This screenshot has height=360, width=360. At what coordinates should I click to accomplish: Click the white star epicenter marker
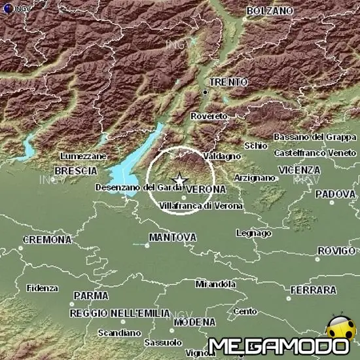click(179, 180)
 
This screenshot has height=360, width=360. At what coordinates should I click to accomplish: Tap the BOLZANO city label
click(270, 11)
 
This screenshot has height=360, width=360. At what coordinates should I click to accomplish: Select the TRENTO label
click(228, 82)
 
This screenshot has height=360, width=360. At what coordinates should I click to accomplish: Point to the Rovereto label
click(209, 116)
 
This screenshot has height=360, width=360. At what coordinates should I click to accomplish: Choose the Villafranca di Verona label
click(201, 206)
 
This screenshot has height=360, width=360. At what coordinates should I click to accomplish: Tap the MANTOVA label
click(173, 236)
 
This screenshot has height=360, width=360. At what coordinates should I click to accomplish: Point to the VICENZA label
click(298, 170)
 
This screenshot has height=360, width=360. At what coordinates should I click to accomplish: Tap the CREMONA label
click(47, 240)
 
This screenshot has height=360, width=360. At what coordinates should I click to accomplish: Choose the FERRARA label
click(313, 289)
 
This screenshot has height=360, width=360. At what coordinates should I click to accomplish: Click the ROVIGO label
click(336, 251)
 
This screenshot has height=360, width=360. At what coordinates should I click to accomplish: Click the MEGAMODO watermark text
click(278, 346)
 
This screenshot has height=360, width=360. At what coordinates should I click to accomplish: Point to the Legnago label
click(253, 233)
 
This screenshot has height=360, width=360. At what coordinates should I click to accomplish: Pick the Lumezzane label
click(82, 157)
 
